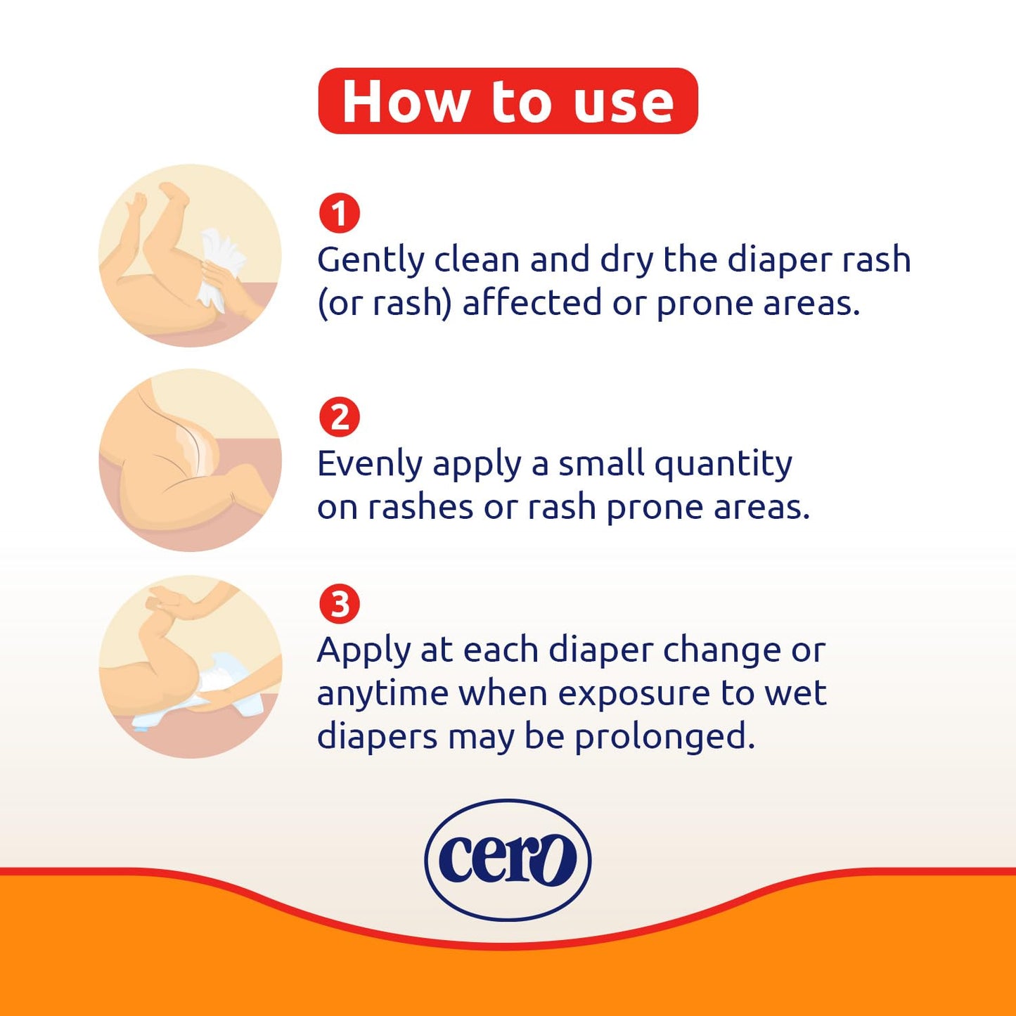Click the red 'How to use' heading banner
coord(508,101)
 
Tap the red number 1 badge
coord(340,214)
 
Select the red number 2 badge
coord(340,418)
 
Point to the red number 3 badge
coord(340,604)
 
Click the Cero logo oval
coord(508,859)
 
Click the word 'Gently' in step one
coord(371,260)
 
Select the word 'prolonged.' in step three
coord(664,738)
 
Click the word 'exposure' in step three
coord(634,695)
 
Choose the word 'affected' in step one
coord(532,303)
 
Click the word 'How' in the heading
coord(405,102)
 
